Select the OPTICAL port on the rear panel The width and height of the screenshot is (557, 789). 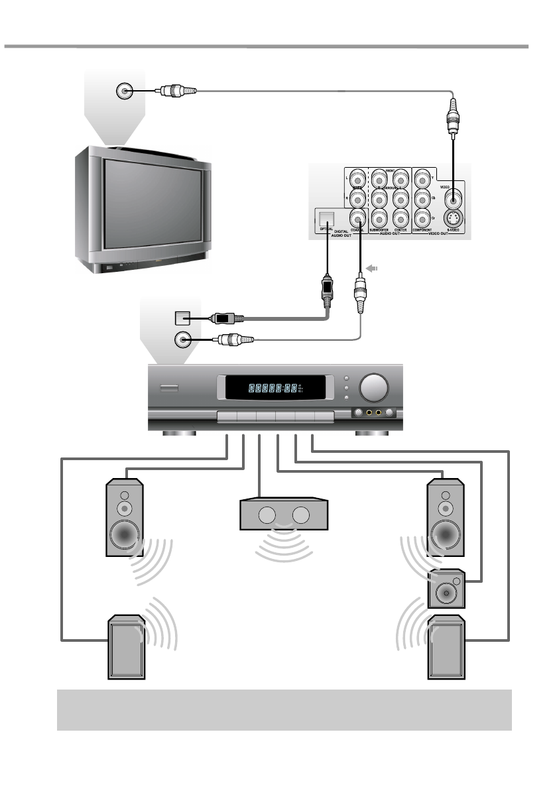tap(326, 218)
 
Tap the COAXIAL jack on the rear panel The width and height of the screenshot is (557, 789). tap(358, 217)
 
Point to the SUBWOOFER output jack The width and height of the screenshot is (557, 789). tap(379, 217)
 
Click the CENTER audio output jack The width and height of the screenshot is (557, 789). tap(401, 217)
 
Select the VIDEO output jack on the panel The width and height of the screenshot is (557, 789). tap(452, 197)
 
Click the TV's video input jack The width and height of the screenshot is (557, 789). tap(123, 91)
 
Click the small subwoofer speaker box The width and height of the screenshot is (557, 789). tap(446, 589)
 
